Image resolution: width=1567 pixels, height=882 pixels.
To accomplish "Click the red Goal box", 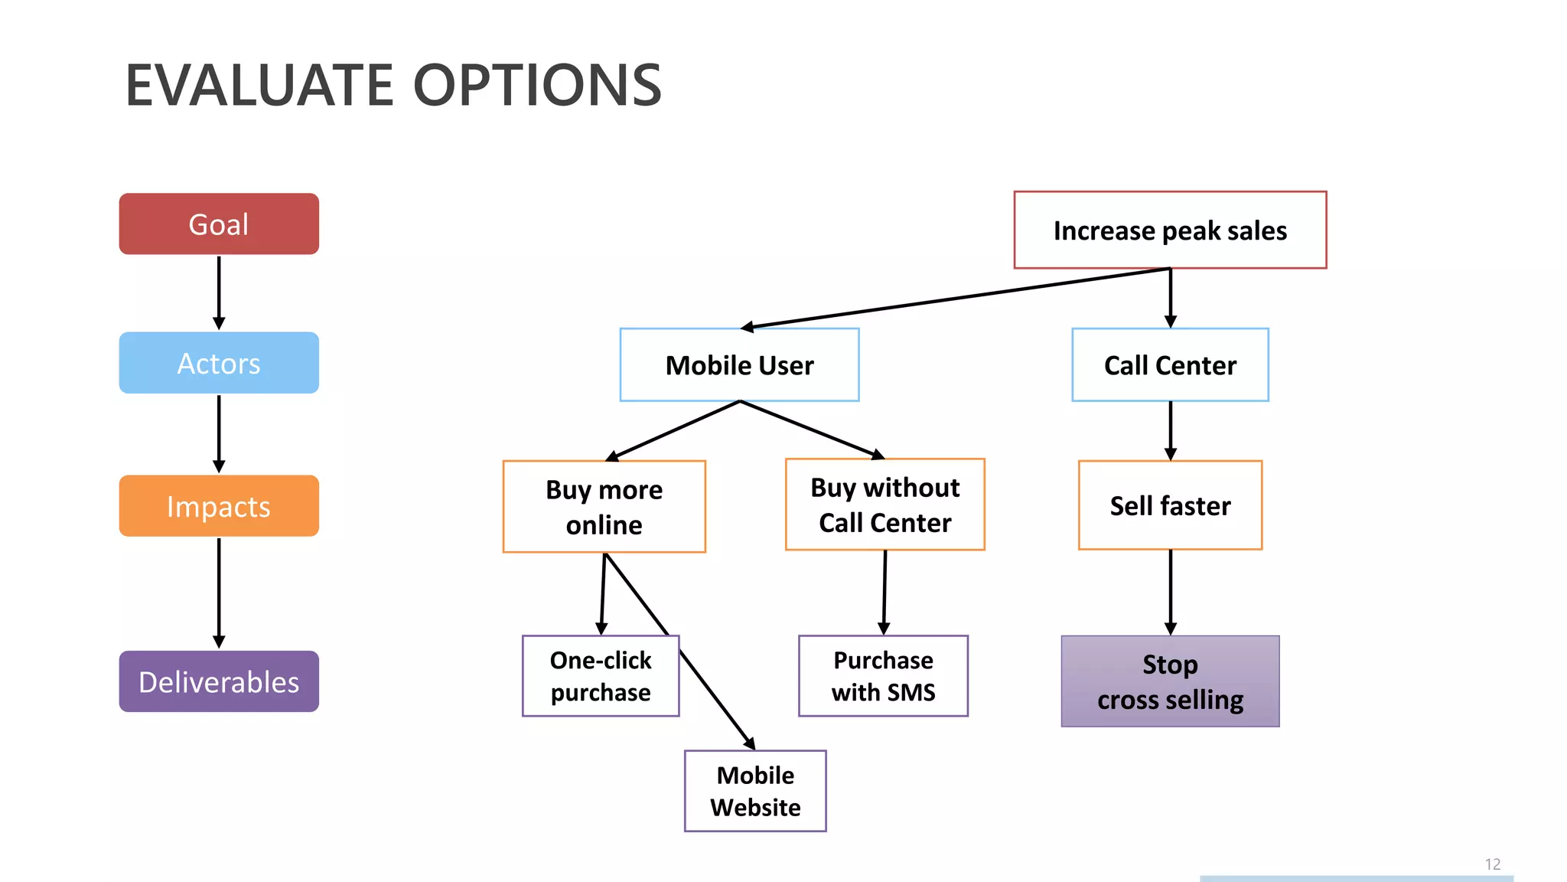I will (x=219, y=224).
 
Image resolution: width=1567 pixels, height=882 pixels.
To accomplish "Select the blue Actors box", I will (x=219, y=363).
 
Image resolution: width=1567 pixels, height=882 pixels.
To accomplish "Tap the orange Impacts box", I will (x=219, y=506).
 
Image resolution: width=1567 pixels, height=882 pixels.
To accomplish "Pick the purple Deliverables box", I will (x=219, y=681).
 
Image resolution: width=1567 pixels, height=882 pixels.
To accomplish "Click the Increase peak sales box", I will (x=1170, y=230).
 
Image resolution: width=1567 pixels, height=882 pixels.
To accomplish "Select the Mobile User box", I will (x=739, y=365).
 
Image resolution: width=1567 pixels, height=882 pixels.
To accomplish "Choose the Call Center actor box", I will (x=1170, y=365).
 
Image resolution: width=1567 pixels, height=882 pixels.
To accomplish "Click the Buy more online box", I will (x=604, y=506).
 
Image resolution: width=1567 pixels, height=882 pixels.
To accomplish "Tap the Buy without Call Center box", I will (x=884, y=505).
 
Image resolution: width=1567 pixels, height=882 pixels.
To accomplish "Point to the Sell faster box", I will (x=1170, y=505).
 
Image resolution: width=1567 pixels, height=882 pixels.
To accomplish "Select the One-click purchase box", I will (x=601, y=676).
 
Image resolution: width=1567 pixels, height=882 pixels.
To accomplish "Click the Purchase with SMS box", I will (x=883, y=676).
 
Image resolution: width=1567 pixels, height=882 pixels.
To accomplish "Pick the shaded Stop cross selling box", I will (x=1170, y=681).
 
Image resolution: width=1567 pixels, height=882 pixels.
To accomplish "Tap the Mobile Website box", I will (x=755, y=791).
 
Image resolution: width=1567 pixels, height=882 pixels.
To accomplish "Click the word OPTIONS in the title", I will (x=537, y=85).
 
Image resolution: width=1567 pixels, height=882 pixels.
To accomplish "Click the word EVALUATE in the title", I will (x=259, y=85).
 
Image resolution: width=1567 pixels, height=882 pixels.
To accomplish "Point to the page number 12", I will (x=1492, y=864).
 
